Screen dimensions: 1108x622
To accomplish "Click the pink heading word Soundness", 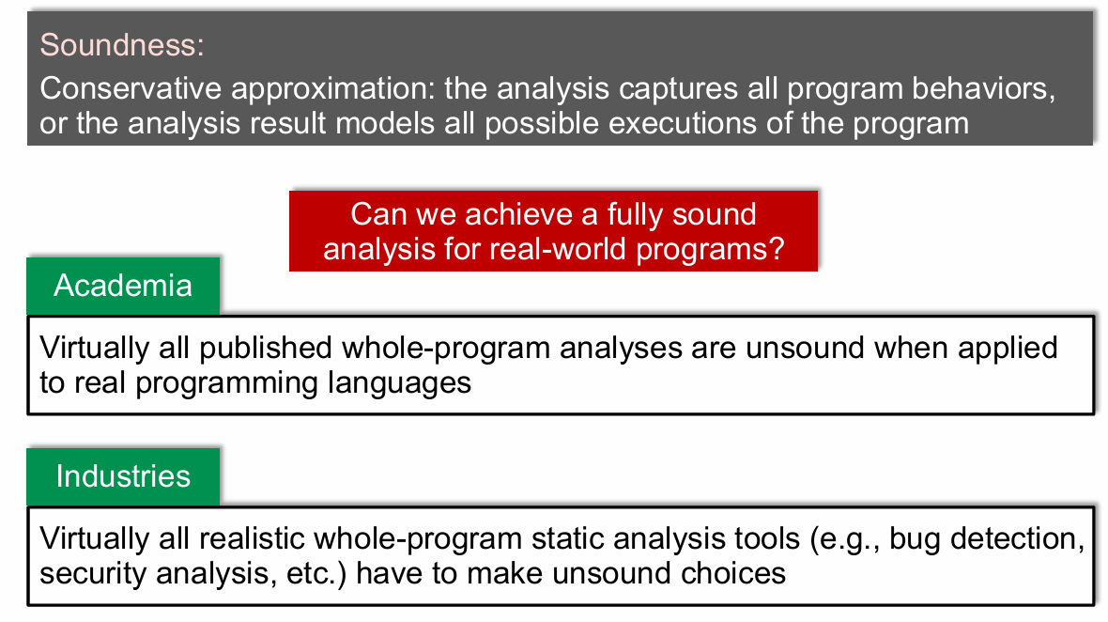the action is tap(121, 45).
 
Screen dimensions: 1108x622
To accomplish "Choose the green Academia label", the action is tap(123, 286).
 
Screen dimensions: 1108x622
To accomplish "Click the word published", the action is tap(266, 349).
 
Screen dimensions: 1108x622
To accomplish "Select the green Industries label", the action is tap(123, 476).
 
